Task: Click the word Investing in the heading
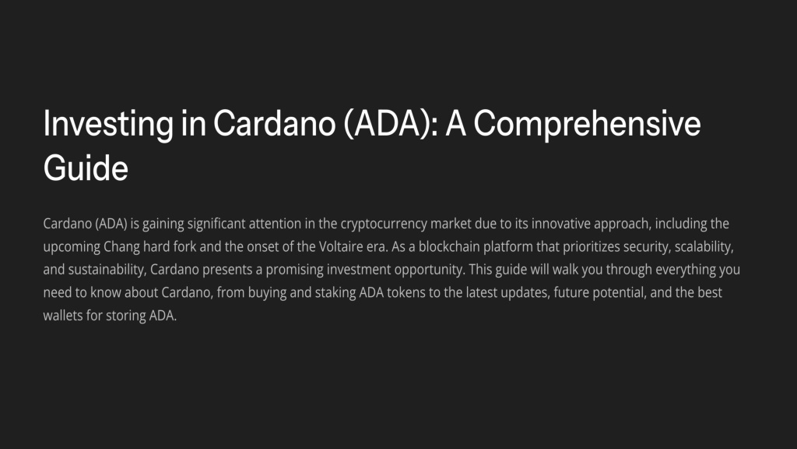(x=108, y=124)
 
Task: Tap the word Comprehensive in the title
(x=587, y=124)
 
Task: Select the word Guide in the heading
(x=86, y=168)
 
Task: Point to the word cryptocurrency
(x=384, y=224)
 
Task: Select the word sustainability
(x=107, y=270)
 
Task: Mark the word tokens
(x=406, y=292)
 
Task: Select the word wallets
(x=63, y=315)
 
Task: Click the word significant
(x=216, y=224)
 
